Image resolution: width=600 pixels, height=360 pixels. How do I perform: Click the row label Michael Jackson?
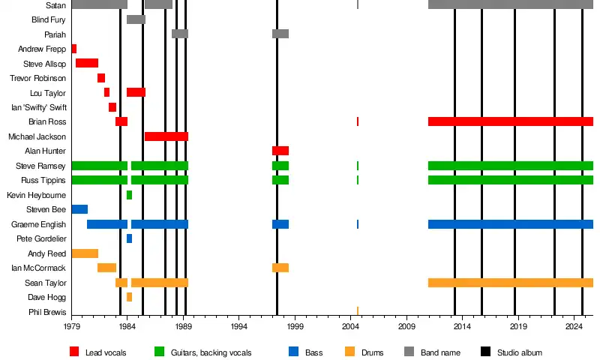point(37,136)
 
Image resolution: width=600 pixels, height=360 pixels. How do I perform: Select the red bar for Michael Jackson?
point(166,136)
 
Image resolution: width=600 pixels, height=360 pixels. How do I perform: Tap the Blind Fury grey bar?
point(136,19)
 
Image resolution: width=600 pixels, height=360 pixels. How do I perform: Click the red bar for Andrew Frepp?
point(73,49)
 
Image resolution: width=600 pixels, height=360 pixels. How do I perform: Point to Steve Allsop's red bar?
point(87,63)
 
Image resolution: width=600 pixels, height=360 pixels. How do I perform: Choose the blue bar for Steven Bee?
point(79,209)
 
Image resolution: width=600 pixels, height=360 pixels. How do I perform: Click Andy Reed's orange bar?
point(85,253)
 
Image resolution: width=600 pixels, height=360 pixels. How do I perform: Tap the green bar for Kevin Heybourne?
point(129,195)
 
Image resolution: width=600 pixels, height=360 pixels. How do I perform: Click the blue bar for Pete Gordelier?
point(129,238)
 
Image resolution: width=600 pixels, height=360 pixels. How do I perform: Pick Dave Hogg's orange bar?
point(129,297)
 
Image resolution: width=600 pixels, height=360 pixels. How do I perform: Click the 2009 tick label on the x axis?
point(406,327)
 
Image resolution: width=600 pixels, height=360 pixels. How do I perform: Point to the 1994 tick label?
point(239,327)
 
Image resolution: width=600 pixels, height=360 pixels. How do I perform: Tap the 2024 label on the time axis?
point(574,327)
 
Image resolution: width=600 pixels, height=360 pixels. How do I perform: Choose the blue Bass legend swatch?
point(293,352)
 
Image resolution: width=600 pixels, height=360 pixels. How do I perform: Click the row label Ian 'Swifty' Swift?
point(39,107)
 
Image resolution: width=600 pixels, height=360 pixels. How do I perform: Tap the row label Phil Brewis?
point(46,312)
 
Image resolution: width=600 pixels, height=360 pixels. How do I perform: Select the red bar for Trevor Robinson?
point(101,78)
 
